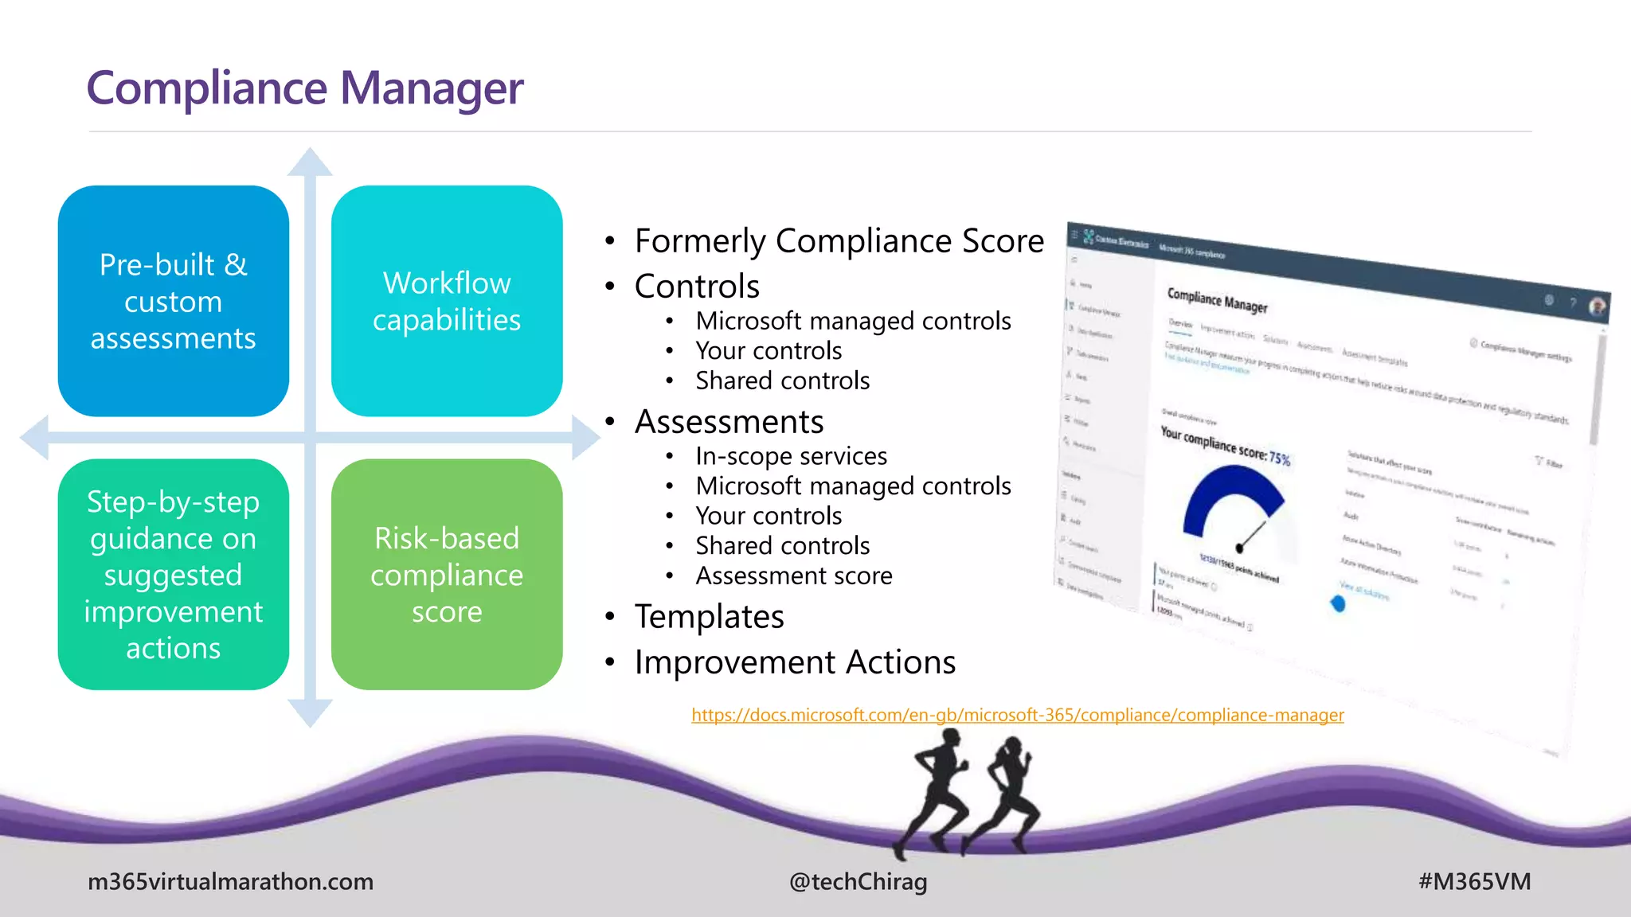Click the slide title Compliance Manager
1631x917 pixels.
pos(304,88)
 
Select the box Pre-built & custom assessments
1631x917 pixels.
pos(173,301)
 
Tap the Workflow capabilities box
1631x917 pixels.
pos(446,301)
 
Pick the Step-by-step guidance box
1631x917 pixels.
pos(173,574)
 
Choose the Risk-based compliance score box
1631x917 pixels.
pos(446,574)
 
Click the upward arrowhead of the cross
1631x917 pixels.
pos(310,162)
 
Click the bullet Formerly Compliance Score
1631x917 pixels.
pos(839,240)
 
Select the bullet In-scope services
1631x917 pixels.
pos(791,456)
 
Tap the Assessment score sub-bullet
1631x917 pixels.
pos(793,576)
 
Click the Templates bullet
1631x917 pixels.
pos(709,617)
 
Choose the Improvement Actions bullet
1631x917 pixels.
pos(795,662)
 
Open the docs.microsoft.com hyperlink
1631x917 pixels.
pos(1017,715)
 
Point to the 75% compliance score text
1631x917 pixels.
pos(1279,458)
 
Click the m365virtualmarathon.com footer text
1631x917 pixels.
pos(230,882)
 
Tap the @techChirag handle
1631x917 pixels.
pos(858,882)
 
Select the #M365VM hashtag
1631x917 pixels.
pos(1474,882)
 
